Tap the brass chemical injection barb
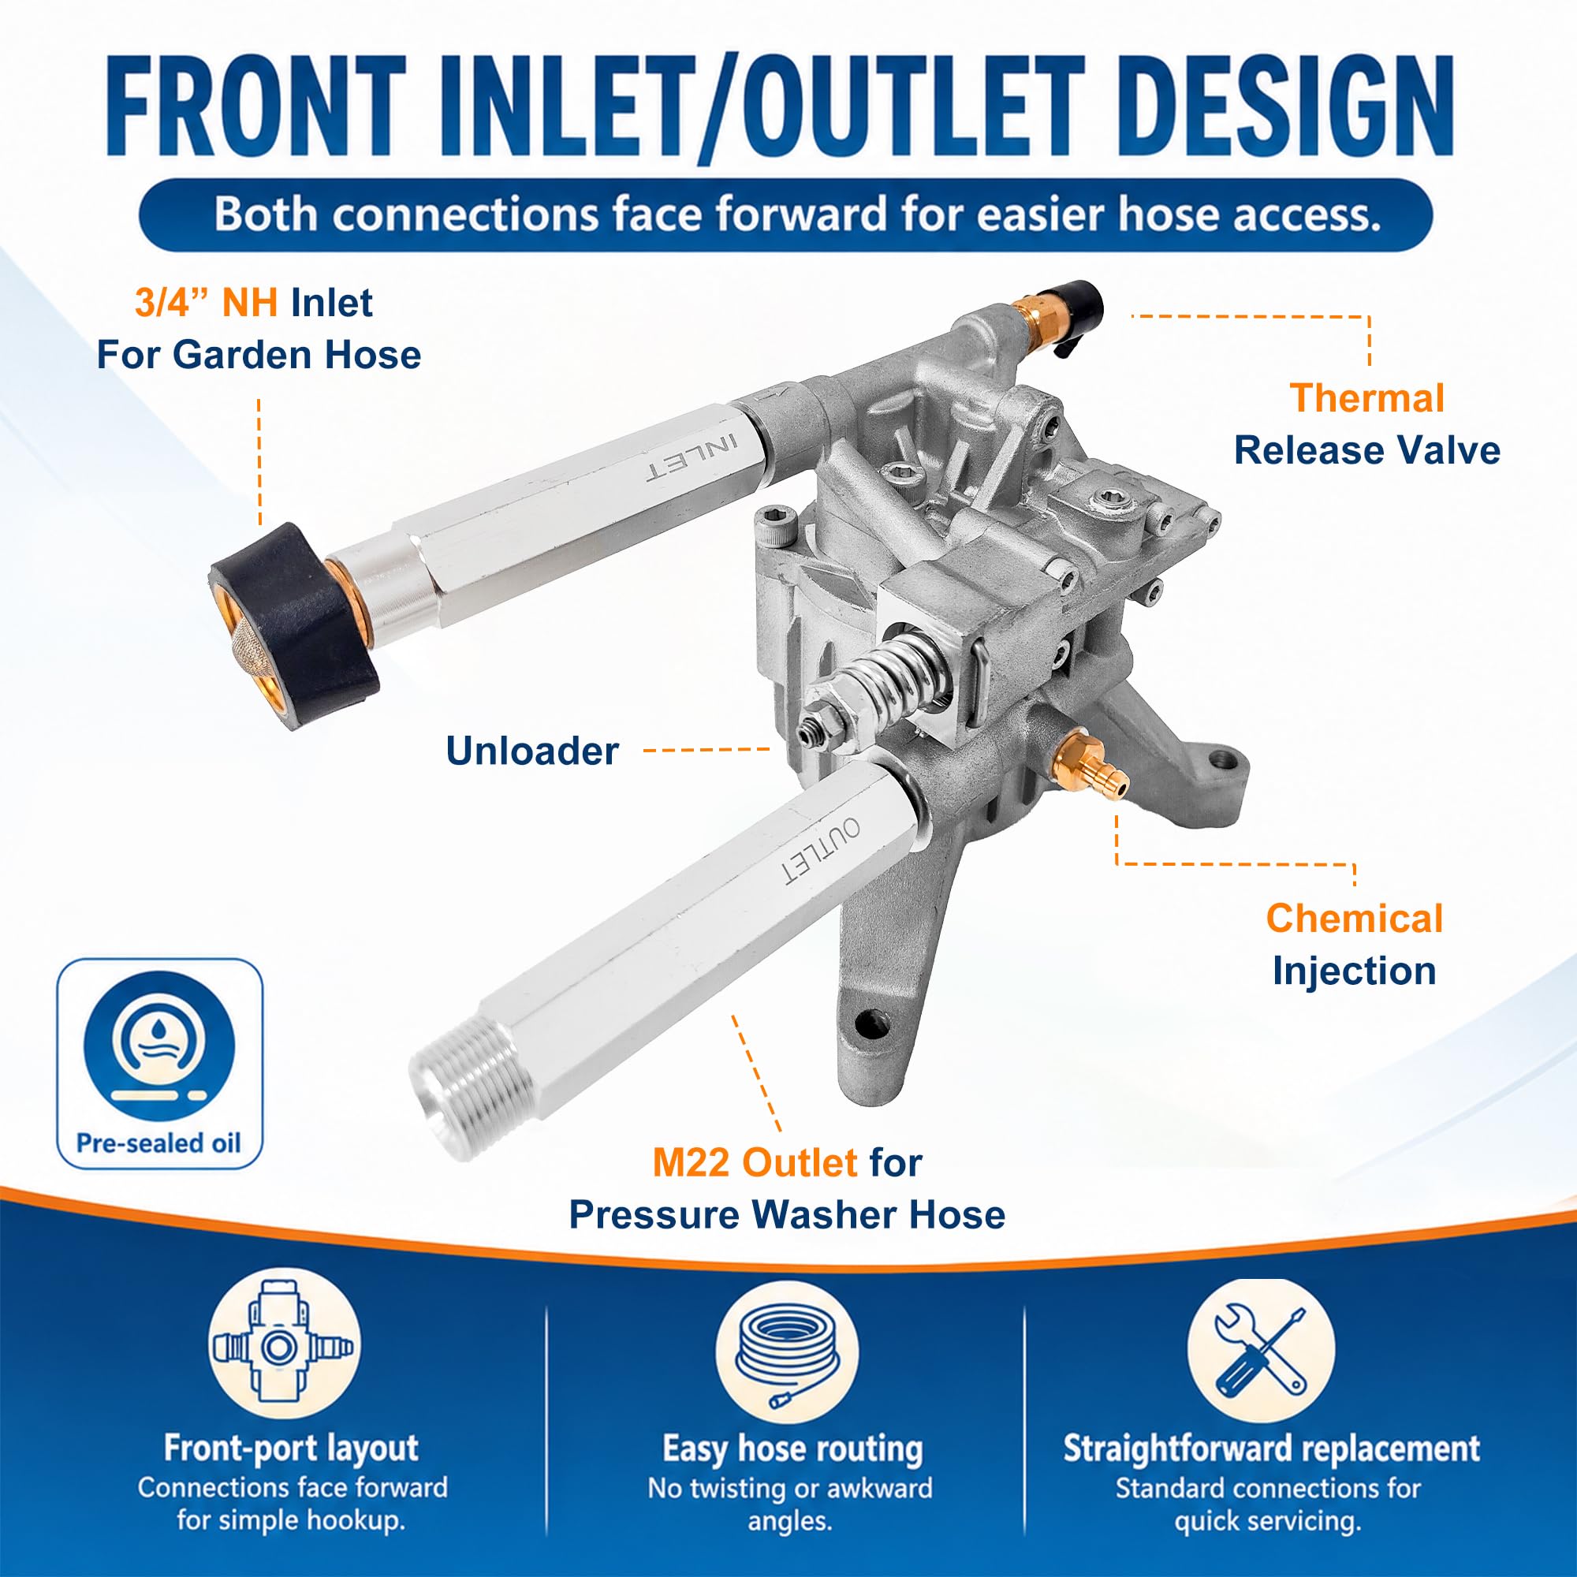pos(1090,763)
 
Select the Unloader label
pos(532,751)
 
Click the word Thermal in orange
pos(1366,398)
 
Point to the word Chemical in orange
pos(1354,919)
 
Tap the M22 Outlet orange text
pos(755,1162)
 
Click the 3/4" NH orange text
pos(207,303)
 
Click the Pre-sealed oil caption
pos(159,1143)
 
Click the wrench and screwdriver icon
pos(1261,1351)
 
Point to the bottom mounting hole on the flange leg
pos(872,1022)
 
